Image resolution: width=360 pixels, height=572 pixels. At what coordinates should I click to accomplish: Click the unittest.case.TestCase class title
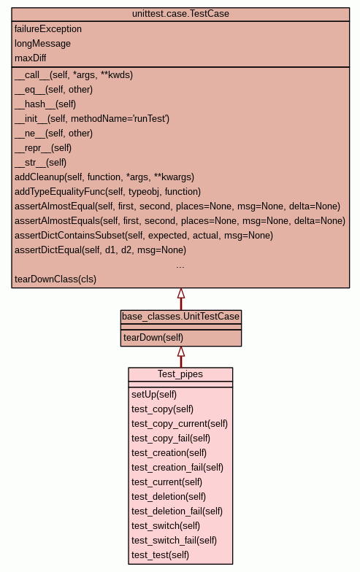tap(180, 14)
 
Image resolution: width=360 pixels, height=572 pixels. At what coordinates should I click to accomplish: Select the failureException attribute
tap(48, 29)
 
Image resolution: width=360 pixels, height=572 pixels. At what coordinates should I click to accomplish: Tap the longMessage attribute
tap(42, 44)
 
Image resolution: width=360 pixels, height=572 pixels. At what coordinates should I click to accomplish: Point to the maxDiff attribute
tap(31, 58)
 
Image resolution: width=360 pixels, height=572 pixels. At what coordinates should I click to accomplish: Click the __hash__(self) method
tap(45, 104)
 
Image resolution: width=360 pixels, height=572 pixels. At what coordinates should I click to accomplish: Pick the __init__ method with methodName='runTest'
tap(92, 119)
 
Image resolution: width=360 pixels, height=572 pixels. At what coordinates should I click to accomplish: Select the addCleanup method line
tap(104, 177)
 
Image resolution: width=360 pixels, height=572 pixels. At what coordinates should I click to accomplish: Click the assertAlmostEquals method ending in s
tap(180, 221)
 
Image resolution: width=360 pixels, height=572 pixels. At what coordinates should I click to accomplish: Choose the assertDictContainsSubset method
tap(144, 236)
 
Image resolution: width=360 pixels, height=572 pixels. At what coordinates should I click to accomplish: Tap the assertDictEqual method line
tap(101, 250)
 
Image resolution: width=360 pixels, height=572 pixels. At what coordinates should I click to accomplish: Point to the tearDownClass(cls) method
tap(55, 279)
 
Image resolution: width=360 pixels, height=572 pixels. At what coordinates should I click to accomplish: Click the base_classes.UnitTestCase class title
tap(181, 317)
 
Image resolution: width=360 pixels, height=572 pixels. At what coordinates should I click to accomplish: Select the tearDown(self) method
tap(153, 338)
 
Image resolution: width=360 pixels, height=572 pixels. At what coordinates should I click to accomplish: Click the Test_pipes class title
tap(180, 374)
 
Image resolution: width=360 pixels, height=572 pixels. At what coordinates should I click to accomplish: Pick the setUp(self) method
tap(154, 395)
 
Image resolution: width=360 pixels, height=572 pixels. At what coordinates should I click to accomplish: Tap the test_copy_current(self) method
tap(180, 424)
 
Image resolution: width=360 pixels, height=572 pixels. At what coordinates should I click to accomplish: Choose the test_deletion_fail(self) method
tap(177, 511)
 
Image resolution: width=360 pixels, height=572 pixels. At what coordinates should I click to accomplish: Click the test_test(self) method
tap(161, 555)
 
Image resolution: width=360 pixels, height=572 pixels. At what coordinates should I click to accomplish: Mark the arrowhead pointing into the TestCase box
tap(181, 293)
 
